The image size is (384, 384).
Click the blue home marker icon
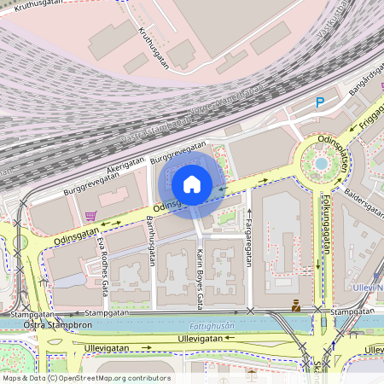[x=192, y=184]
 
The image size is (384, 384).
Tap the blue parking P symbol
[x=320, y=102]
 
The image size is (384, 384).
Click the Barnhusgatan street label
[x=151, y=241]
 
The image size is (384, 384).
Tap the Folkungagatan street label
[x=326, y=227]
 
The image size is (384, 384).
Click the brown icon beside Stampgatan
[x=295, y=305]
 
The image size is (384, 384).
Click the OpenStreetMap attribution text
[x=85, y=377]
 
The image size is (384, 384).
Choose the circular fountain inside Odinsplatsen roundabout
[x=321, y=162]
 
